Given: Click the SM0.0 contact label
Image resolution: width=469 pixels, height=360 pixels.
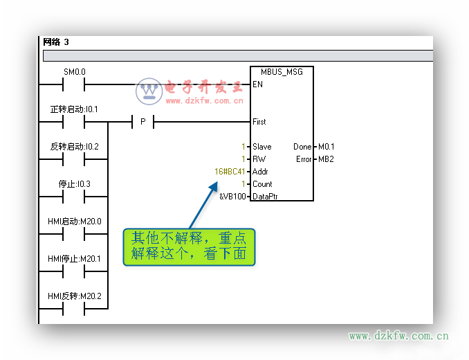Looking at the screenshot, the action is click(75, 72).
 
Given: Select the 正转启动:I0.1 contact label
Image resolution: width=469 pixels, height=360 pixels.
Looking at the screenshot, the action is click(74, 109).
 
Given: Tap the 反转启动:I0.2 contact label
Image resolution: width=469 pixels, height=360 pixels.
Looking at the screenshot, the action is click(75, 146).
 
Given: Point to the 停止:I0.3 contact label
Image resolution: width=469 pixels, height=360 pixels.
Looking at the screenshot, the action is click(75, 183).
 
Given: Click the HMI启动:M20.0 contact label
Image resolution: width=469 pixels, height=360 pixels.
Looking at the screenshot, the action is click(75, 221).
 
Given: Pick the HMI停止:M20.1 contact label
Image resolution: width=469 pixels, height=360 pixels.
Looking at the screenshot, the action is click(75, 258).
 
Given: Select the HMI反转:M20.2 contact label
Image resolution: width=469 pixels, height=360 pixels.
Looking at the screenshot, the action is click(75, 296).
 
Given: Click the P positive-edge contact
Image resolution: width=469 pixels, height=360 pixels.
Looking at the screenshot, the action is click(143, 122).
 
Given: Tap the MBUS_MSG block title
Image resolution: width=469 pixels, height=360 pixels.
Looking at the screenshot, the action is click(282, 72).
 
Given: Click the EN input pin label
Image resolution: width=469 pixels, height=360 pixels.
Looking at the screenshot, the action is click(257, 84).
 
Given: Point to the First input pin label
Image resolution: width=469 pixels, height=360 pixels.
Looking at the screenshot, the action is click(259, 122).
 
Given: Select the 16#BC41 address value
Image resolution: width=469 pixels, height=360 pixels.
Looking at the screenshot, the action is click(230, 172).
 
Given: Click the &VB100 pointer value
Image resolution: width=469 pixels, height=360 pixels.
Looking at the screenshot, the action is click(232, 197).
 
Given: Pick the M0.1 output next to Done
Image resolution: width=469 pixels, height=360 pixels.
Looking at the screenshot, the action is click(327, 147).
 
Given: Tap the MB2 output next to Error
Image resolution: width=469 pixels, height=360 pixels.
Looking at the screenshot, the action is click(326, 159).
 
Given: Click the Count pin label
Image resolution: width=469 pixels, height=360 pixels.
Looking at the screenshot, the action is click(262, 184).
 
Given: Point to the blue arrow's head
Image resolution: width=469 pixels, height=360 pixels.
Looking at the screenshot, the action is click(214, 186).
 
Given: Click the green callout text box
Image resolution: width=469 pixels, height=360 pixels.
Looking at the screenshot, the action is click(189, 247).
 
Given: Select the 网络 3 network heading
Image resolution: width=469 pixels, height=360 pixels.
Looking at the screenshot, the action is click(56, 42).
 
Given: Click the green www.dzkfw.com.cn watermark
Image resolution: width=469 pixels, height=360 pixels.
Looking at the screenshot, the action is click(398, 336).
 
